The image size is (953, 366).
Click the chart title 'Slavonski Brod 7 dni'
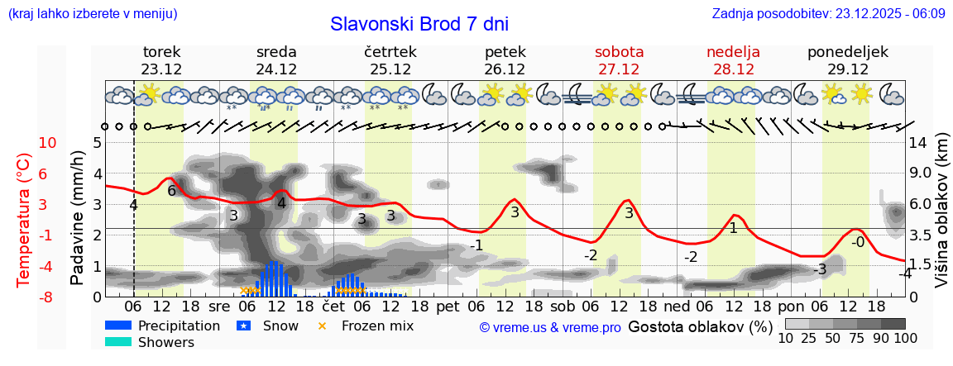(419, 24)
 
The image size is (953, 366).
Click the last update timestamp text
(828, 14)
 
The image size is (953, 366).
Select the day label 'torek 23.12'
(161, 60)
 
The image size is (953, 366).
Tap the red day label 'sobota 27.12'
(619, 60)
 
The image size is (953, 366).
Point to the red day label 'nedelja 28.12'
(733, 60)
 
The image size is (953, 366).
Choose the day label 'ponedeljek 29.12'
(848, 60)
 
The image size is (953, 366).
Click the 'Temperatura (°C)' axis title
(24, 219)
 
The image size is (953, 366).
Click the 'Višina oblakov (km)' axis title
(941, 212)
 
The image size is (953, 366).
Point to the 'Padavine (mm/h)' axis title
(78, 218)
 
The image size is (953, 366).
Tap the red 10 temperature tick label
(47, 143)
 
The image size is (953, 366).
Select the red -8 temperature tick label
(47, 297)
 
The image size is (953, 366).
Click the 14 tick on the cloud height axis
(919, 143)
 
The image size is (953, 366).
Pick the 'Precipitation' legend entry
(179, 326)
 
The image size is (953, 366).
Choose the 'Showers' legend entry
(165, 342)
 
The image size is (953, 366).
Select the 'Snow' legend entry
(280, 326)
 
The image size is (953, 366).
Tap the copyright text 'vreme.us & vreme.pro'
(549, 327)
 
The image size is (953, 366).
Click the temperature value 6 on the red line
(172, 191)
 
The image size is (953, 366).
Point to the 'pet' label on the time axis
(448, 305)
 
